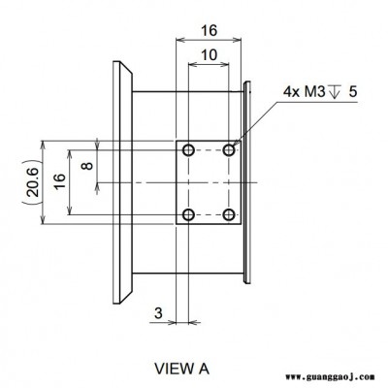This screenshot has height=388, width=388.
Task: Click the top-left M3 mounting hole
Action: [x=188, y=150]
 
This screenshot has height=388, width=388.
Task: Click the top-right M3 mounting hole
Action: [x=229, y=150]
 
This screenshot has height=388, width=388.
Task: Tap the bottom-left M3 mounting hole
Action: [x=188, y=214]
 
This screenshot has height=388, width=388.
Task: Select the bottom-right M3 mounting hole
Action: [x=229, y=214]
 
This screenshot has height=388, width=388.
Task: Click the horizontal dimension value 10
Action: [x=210, y=55]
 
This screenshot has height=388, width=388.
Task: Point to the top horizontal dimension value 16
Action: [x=210, y=31]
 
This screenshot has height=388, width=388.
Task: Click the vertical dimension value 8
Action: [x=87, y=166]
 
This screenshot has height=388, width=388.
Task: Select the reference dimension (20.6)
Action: [x=33, y=182]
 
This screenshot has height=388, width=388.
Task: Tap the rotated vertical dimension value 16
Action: [x=60, y=181]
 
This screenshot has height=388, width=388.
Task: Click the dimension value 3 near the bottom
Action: [x=158, y=313]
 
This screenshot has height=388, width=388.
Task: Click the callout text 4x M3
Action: [x=304, y=92]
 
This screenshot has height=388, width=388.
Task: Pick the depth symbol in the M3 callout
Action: [x=334, y=91]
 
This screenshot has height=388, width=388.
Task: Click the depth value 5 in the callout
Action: [x=353, y=92]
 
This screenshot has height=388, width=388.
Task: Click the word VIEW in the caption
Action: [x=172, y=369]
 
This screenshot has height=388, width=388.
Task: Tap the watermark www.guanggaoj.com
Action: [x=330, y=377]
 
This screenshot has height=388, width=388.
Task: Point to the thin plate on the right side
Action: [x=247, y=182]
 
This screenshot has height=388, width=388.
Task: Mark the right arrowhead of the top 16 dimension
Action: [x=237, y=40]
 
